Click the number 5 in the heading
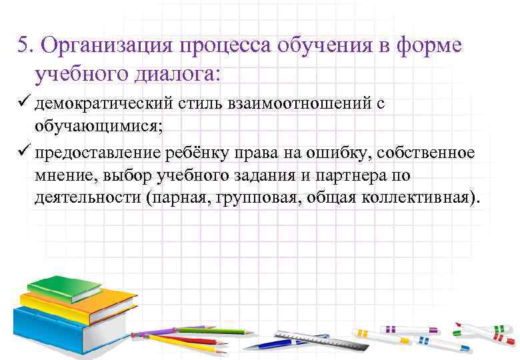tap(24, 46)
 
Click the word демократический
tap(104, 104)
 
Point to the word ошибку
tap(340, 153)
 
